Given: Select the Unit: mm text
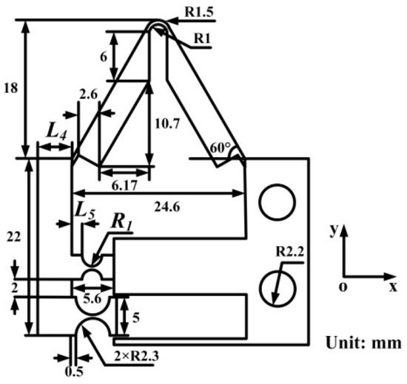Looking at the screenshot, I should [x=363, y=343].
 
